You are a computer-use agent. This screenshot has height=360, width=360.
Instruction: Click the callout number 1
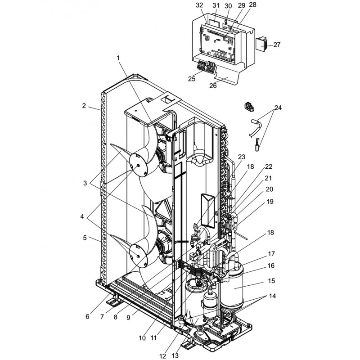pyautogui.click(x=118, y=58)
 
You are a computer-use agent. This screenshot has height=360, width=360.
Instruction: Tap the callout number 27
pyautogui.click(x=277, y=45)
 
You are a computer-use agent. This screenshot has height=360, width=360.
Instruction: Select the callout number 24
pyautogui.click(x=278, y=108)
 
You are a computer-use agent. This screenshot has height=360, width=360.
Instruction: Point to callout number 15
pyautogui.click(x=271, y=281)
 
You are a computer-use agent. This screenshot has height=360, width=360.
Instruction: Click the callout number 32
pyautogui.click(x=199, y=5)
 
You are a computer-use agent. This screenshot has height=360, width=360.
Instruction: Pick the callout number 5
pyautogui.click(x=85, y=238)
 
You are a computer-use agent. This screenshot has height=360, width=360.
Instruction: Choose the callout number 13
pyautogui.click(x=175, y=355)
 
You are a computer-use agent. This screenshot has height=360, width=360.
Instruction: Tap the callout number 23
pyautogui.click(x=242, y=157)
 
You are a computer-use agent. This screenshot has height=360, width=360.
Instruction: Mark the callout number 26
pyautogui.click(x=213, y=85)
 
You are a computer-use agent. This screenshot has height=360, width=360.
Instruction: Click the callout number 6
pyautogui.click(x=87, y=316)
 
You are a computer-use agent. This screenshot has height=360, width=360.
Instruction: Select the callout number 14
pyautogui.click(x=272, y=296)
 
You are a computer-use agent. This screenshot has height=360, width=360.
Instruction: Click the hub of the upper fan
pyautogui.click(x=138, y=165)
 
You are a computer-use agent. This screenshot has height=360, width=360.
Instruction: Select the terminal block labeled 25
pyautogui.click(x=206, y=67)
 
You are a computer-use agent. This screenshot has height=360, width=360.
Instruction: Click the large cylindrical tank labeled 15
pyautogui.click(x=231, y=285)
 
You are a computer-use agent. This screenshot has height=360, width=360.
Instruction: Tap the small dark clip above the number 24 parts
pyautogui.click(x=249, y=107)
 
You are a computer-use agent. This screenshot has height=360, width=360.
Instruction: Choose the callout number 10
pyautogui.click(x=142, y=338)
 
